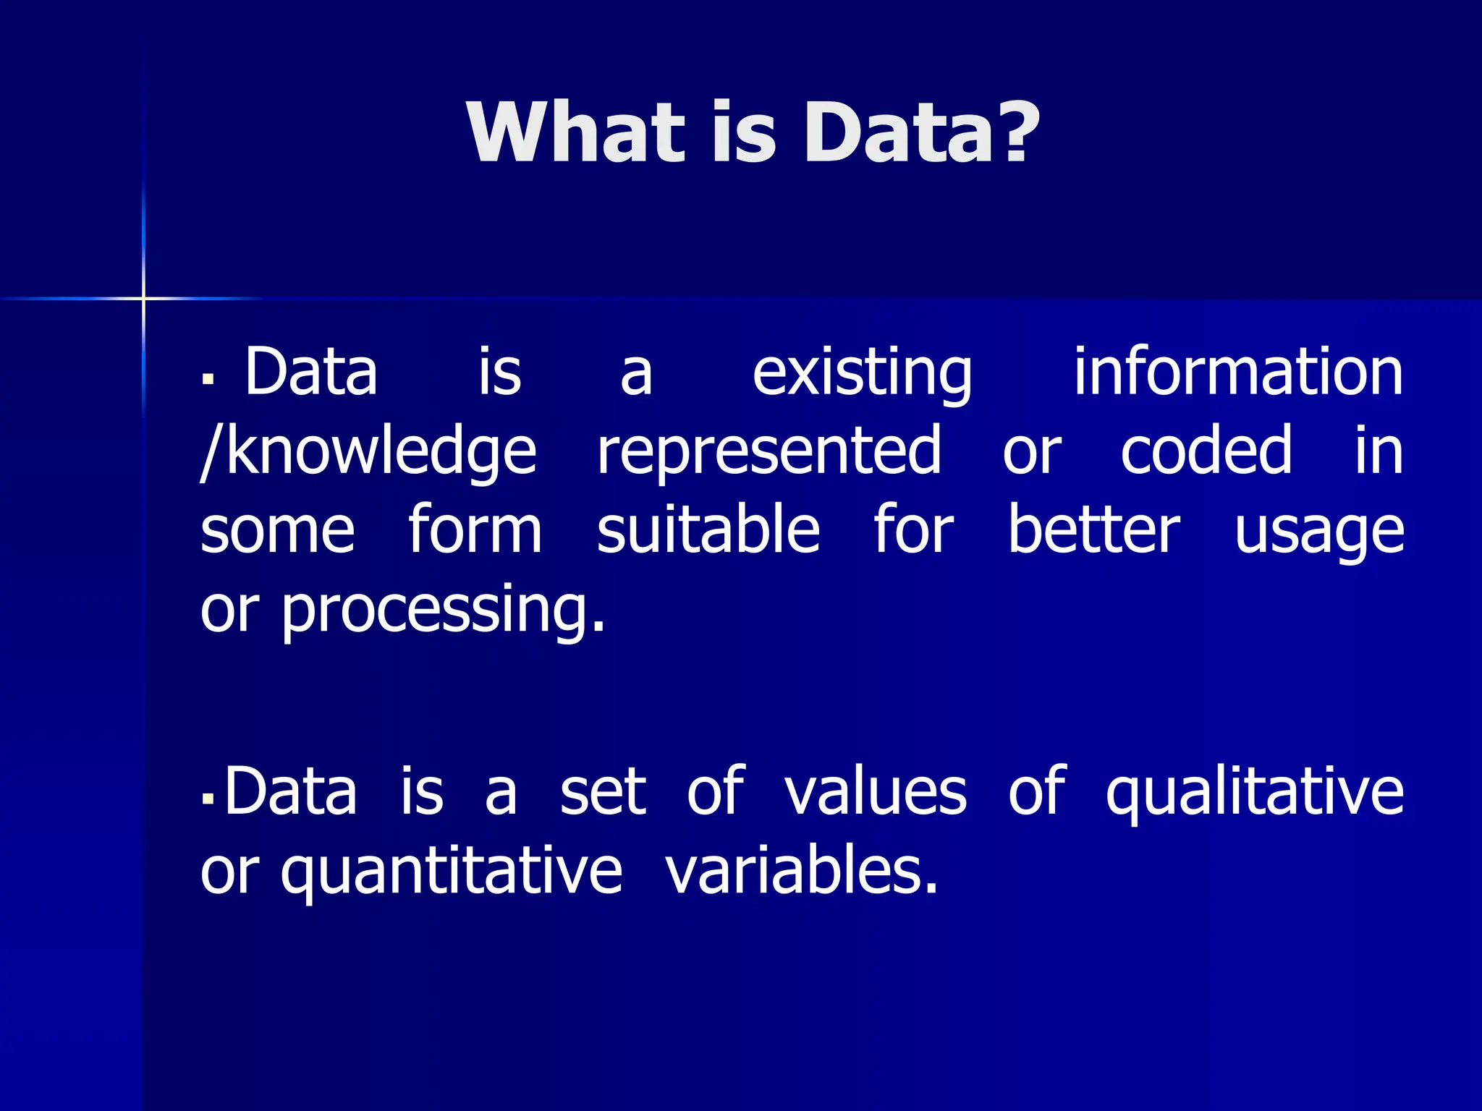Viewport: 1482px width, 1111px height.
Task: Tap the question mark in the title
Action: click(1011, 131)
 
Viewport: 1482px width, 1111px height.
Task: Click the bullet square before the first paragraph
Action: click(208, 378)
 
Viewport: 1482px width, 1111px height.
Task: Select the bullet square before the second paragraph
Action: click(208, 799)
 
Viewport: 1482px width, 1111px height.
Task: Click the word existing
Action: click(862, 374)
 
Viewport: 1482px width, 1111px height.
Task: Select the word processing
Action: click(442, 611)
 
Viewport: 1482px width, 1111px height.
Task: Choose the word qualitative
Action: click(1254, 793)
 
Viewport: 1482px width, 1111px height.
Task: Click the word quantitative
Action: click(451, 872)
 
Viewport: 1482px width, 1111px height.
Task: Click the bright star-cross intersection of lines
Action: click(143, 298)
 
